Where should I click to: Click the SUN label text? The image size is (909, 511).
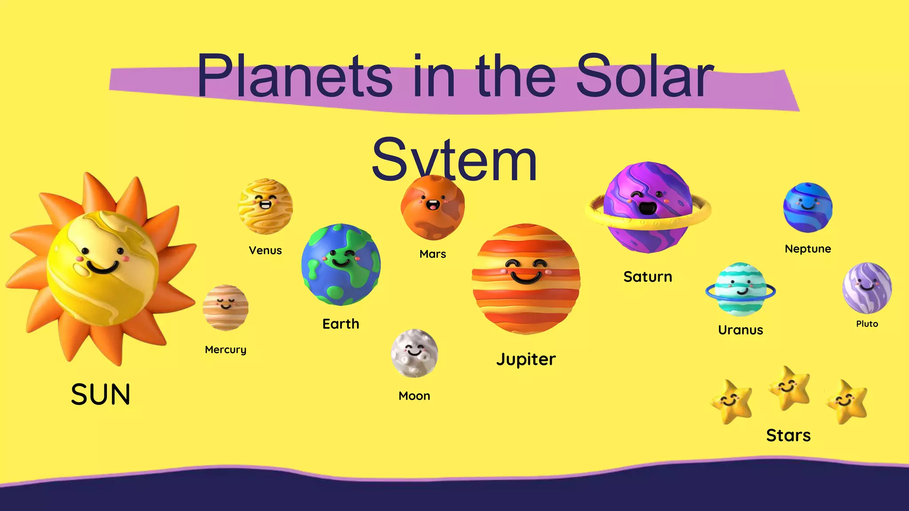[x=101, y=394]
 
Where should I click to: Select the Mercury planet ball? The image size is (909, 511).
[x=225, y=307]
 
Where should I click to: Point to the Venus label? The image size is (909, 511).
[x=265, y=251]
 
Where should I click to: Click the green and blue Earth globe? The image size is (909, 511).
[x=341, y=264]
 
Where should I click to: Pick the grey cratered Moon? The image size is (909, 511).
[x=414, y=353]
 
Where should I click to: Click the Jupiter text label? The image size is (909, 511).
[x=526, y=359]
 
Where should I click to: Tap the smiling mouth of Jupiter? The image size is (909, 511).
[x=526, y=278]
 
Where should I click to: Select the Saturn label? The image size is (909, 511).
[x=648, y=277]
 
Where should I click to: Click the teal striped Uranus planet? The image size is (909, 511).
[x=740, y=289]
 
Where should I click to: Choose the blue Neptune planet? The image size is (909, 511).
[x=808, y=208]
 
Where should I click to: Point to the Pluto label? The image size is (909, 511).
[x=867, y=324]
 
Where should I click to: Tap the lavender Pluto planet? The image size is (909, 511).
[x=867, y=287]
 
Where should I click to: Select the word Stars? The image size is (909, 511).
[x=788, y=436]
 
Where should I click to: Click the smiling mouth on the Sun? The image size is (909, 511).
[x=103, y=267]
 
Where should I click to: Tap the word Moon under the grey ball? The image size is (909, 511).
[x=414, y=396]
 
